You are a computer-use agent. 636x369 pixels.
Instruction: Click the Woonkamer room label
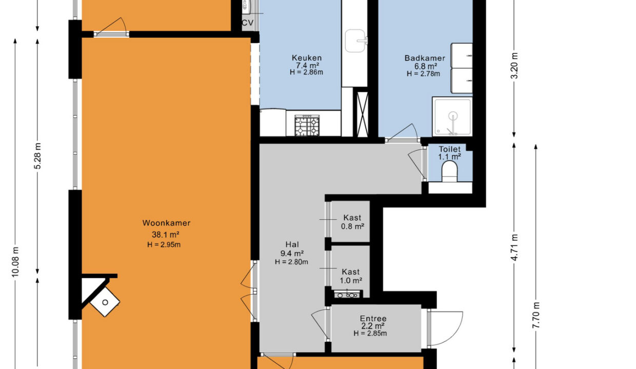(166, 223)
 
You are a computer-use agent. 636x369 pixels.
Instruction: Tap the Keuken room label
(307, 58)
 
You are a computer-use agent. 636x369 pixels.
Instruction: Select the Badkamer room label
(425, 58)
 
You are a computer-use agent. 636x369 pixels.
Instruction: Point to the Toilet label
(450, 149)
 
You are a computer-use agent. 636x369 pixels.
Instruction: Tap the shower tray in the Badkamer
(452, 116)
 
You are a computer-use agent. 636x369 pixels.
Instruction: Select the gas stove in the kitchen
(307, 126)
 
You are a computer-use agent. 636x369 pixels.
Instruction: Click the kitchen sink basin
(355, 41)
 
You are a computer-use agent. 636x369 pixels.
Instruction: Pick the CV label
(248, 23)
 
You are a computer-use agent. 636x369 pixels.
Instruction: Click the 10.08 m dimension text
(15, 262)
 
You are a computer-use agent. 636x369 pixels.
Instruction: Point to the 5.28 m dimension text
(37, 156)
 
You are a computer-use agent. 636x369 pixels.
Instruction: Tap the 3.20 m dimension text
(514, 66)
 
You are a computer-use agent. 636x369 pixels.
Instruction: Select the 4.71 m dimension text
(514, 247)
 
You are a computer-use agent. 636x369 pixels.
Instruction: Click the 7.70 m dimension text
(536, 315)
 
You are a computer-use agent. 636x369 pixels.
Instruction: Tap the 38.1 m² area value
(166, 235)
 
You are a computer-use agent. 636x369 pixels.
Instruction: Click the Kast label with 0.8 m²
(352, 218)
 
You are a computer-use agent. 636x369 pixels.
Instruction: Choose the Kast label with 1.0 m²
(351, 272)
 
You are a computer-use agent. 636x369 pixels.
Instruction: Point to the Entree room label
(373, 318)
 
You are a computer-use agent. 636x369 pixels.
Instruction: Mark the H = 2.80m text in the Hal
(291, 262)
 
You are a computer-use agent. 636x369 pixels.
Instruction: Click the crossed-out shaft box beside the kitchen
(362, 114)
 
